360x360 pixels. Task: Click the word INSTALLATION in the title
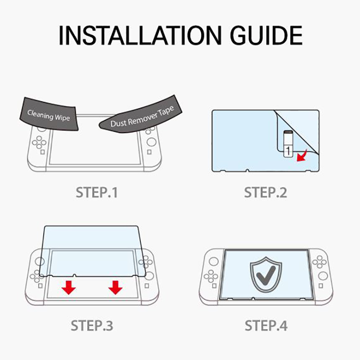140,36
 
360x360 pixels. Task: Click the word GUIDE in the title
266,36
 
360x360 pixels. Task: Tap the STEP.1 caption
97,193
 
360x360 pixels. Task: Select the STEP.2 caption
265,193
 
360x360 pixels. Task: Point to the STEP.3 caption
92,325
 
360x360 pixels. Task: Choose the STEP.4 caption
266,325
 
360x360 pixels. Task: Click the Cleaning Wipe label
49,115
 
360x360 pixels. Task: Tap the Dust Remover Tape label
142,117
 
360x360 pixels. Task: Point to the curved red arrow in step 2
302,156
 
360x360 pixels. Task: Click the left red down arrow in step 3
69,288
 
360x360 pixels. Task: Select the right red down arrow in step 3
115,288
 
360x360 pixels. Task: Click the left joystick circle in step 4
214,261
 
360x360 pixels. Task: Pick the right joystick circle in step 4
323,276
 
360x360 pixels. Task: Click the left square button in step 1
42,152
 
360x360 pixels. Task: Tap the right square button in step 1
149,152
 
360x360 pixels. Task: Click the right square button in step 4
321,286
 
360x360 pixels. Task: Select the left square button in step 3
40,286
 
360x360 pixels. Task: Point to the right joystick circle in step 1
151,142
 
